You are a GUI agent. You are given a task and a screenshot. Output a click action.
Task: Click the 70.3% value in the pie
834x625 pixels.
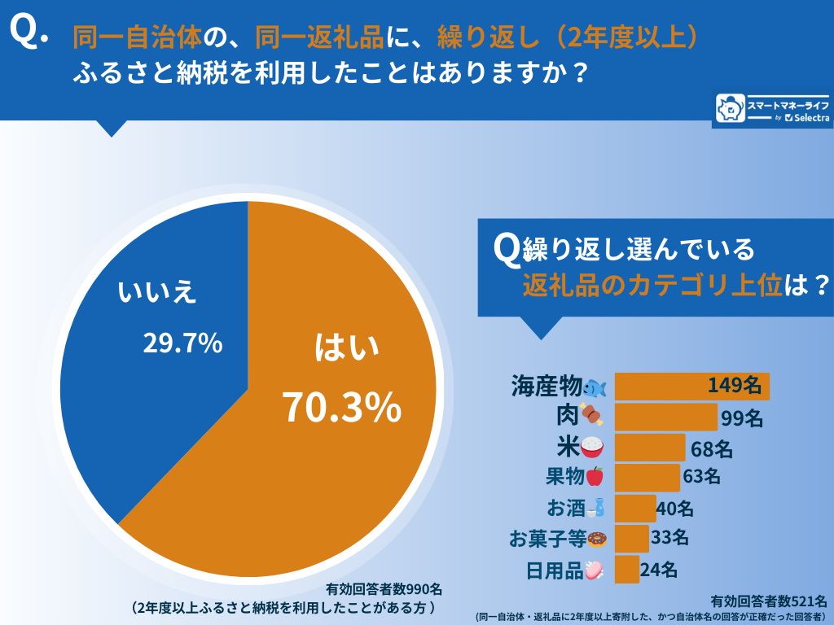point(341,407)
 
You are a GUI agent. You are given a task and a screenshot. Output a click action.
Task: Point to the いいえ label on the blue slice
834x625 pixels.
point(157,292)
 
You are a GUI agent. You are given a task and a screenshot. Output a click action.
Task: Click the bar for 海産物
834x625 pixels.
point(691,387)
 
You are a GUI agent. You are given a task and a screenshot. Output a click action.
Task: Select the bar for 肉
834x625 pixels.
point(665,417)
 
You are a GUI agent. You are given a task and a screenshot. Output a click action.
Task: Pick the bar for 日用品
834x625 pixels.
point(626,570)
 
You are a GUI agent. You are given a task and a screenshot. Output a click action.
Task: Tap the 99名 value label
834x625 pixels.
point(741,418)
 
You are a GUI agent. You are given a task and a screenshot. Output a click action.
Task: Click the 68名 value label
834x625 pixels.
point(711,448)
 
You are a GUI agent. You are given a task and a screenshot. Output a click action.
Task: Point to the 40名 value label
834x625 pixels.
point(675,509)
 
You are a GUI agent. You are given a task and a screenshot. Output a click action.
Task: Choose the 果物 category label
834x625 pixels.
point(564,477)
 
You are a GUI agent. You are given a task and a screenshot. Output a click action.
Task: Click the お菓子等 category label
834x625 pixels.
point(546,538)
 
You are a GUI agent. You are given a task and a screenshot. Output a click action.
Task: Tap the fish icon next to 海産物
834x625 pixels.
point(595,387)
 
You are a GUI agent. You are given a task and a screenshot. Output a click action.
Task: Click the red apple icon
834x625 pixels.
point(595,477)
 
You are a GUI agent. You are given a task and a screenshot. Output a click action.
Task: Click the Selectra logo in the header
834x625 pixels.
point(771,110)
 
